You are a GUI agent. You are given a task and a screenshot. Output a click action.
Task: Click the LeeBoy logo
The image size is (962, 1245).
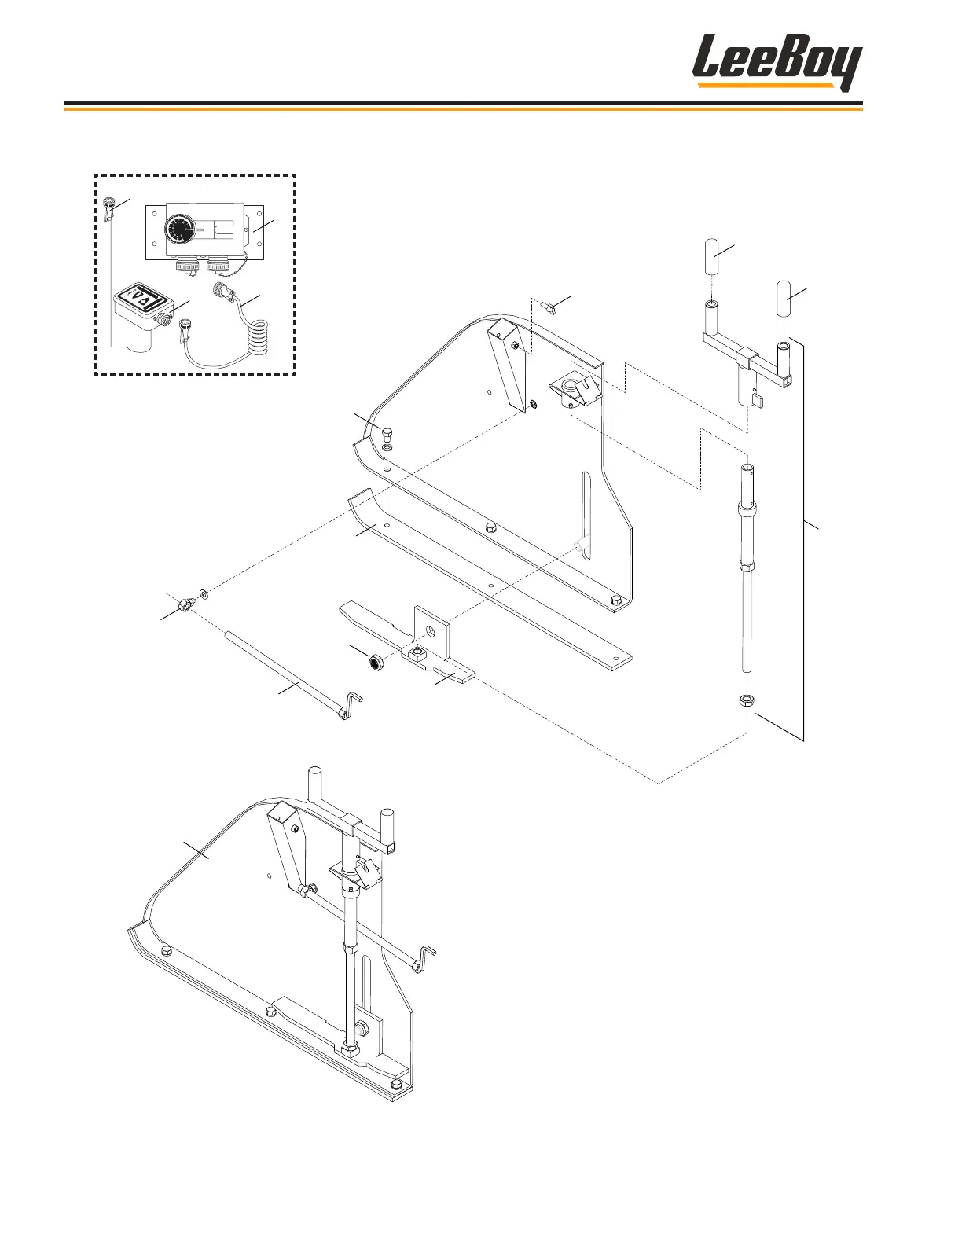[x=776, y=62]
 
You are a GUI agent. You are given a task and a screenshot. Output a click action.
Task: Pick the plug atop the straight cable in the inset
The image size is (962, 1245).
[x=109, y=208]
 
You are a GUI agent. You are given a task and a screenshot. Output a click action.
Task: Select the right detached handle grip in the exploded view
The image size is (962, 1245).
[x=782, y=299]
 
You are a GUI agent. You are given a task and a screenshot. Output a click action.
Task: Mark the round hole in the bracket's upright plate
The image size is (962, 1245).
[x=429, y=630]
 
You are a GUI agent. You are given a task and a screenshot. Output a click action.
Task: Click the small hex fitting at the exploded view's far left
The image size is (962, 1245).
[x=186, y=604]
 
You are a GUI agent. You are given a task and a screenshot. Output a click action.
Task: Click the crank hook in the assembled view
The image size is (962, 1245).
[x=424, y=960]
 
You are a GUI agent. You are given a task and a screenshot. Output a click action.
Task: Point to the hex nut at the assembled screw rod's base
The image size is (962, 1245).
[x=350, y=1049]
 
